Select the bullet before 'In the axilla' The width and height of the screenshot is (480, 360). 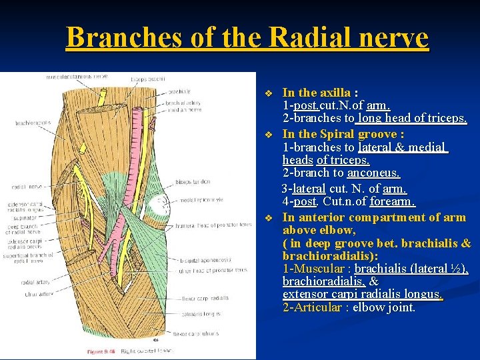tap(269, 93)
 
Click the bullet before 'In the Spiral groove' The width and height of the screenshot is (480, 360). tap(269, 135)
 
